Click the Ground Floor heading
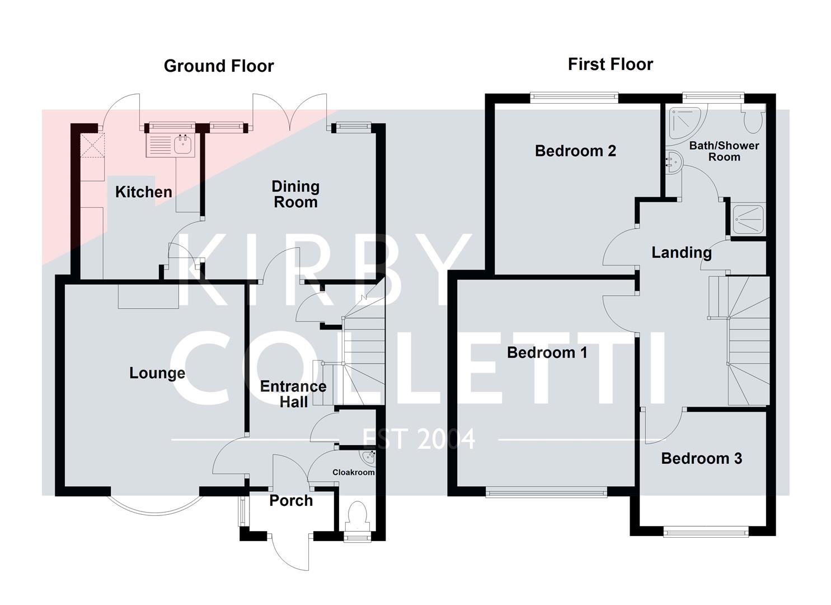(219, 66)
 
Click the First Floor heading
(610, 64)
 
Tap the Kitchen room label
(143, 192)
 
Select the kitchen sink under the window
(170, 145)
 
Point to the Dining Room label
(295, 194)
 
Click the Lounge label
(157, 373)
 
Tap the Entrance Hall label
(293, 394)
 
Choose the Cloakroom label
(353, 472)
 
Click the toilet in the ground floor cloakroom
(357, 516)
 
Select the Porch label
(291, 500)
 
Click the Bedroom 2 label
(575, 151)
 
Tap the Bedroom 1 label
(547, 352)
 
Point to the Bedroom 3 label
(701, 458)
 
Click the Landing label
(681, 252)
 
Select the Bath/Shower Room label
(724, 151)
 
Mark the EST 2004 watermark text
(419, 439)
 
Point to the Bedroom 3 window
(706, 532)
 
